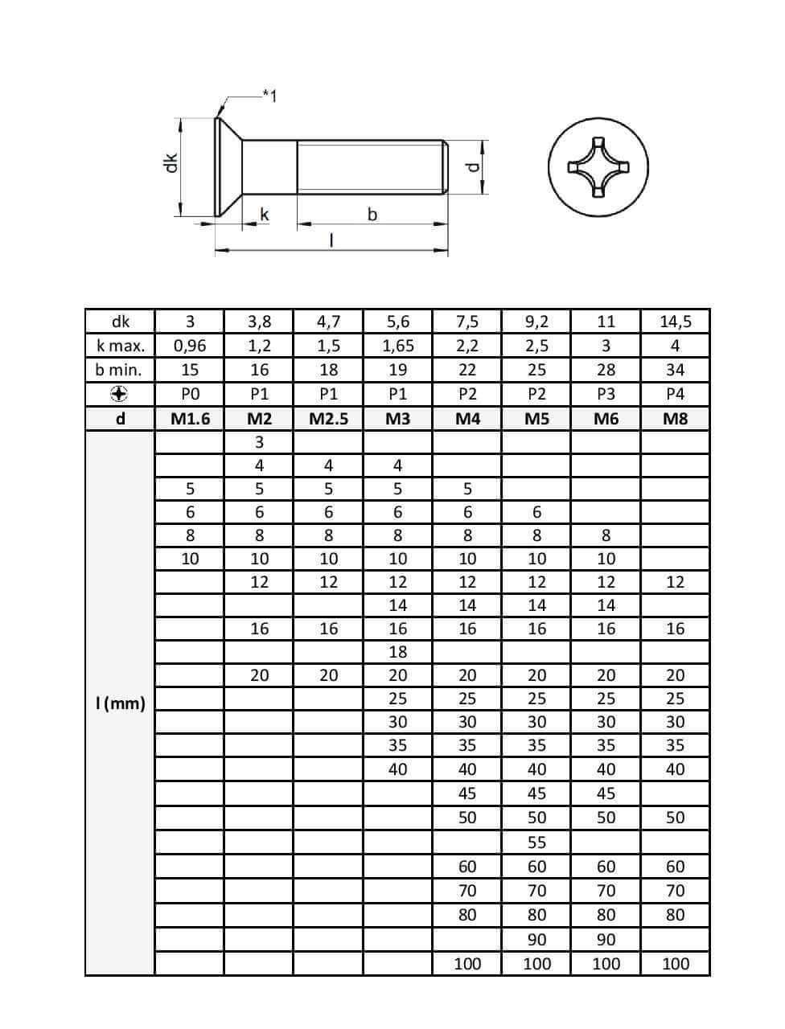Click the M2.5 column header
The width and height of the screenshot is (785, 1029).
(x=328, y=418)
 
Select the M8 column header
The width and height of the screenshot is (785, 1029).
(x=675, y=418)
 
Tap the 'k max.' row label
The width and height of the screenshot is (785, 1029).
(x=120, y=346)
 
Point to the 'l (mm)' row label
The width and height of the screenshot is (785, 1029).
(x=120, y=704)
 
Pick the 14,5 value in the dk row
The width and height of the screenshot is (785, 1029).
(x=675, y=322)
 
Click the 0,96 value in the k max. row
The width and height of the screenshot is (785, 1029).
(x=190, y=346)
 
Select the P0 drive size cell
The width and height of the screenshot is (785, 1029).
(x=190, y=394)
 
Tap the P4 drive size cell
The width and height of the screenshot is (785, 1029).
(x=675, y=394)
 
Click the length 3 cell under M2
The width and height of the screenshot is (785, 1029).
(x=259, y=441)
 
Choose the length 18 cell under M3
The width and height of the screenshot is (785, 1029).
(x=397, y=652)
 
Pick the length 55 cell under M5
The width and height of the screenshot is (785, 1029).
(x=536, y=842)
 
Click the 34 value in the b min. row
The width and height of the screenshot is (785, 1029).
(x=675, y=370)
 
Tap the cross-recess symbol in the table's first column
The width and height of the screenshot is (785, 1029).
(x=119, y=394)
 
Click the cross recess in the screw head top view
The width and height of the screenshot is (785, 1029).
(x=598, y=167)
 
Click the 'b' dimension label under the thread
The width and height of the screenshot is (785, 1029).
(x=372, y=215)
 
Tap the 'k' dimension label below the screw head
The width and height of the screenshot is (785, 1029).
(x=264, y=215)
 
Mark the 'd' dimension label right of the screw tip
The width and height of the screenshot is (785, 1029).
(x=473, y=168)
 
